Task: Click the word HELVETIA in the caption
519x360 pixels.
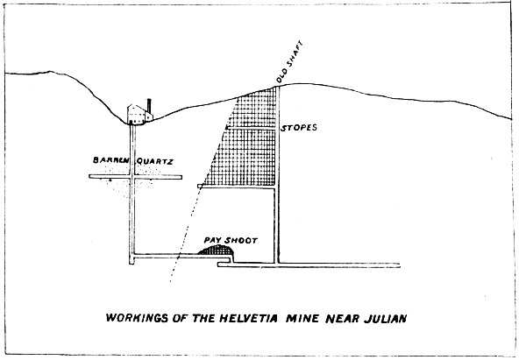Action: tap(249, 318)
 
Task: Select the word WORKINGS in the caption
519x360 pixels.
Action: tap(137, 318)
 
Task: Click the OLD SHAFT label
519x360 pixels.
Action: tap(289, 62)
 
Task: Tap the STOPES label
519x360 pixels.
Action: tap(299, 128)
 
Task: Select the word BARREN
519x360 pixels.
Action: tap(110, 160)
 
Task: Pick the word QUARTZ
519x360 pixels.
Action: tap(155, 161)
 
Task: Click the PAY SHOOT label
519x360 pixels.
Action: tap(231, 240)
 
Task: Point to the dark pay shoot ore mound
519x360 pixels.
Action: tap(217, 250)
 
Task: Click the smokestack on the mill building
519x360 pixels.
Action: tap(149, 106)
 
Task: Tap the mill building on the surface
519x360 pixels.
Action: tap(139, 114)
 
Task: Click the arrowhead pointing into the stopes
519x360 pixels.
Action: tap(227, 128)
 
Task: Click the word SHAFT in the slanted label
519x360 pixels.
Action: tap(294, 55)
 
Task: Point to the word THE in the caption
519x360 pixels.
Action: tap(203, 318)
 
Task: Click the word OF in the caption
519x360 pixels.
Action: tap(180, 318)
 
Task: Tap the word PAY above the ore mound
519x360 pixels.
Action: tap(212, 240)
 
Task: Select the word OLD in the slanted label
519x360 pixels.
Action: tap(281, 77)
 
